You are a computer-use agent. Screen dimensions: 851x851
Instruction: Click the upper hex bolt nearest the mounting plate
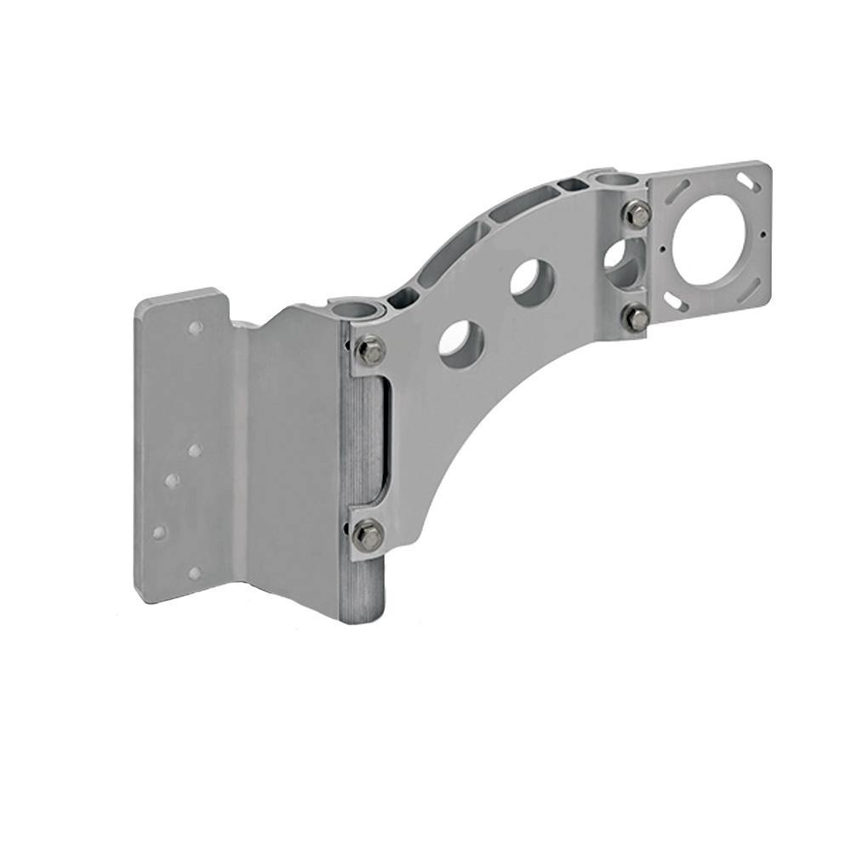click(370, 350)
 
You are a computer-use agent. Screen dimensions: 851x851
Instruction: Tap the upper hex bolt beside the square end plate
click(639, 214)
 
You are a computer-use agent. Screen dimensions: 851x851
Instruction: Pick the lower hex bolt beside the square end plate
click(637, 318)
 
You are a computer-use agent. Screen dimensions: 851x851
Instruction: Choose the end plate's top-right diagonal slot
click(747, 181)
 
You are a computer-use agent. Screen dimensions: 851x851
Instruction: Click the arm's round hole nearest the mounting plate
click(461, 343)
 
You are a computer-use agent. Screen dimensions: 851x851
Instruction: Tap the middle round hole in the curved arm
click(533, 281)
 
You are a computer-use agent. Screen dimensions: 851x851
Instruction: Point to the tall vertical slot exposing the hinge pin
click(383, 443)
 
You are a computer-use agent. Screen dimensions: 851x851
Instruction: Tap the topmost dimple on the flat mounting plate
click(196, 328)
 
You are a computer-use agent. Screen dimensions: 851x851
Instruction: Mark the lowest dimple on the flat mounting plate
click(194, 573)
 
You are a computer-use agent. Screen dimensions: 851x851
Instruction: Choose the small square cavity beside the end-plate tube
click(568, 185)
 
